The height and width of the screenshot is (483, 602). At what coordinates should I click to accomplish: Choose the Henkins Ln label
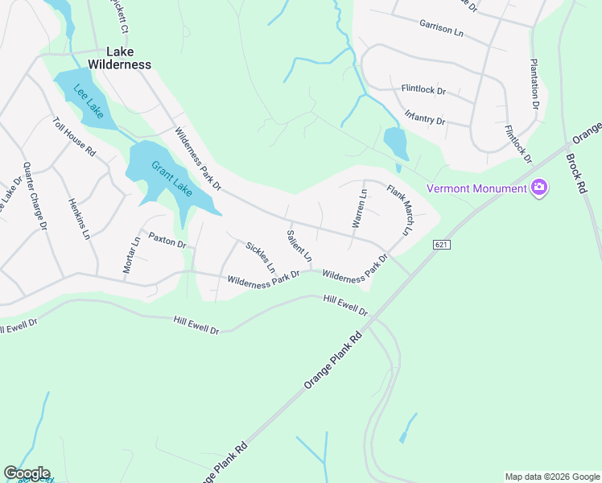(x=77, y=218)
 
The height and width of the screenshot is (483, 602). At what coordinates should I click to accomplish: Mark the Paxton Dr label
(x=167, y=241)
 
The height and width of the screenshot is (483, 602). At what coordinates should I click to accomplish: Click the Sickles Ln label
(x=261, y=256)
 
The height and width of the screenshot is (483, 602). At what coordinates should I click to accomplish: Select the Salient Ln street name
(x=299, y=246)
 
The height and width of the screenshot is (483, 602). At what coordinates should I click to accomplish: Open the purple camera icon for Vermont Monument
(x=538, y=188)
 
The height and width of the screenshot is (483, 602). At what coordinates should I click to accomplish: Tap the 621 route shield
(x=441, y=243)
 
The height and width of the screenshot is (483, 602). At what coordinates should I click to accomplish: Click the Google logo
(x=27, y=473)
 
